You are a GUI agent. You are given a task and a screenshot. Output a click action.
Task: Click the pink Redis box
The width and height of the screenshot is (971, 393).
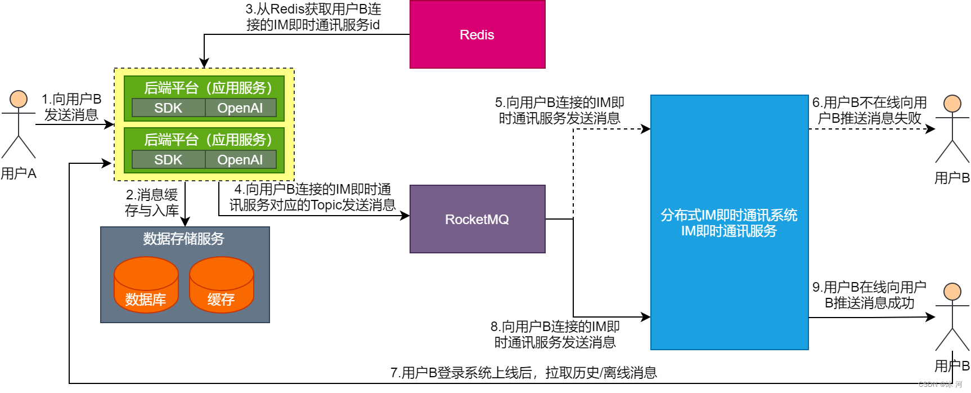[477, 34]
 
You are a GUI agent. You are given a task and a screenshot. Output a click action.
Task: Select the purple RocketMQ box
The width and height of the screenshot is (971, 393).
[477, 219]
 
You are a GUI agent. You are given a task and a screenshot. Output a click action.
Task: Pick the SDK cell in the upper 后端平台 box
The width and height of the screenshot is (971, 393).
[168, 108]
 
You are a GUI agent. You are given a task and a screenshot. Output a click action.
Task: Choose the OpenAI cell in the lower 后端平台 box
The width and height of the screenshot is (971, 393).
[240, 160]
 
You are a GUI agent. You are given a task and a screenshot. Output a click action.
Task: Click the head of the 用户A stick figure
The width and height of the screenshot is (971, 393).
[19, 99]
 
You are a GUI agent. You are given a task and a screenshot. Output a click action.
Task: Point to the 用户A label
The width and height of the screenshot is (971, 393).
[19, 173]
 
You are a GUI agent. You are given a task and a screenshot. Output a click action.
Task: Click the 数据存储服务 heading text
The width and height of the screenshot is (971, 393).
[183, 239]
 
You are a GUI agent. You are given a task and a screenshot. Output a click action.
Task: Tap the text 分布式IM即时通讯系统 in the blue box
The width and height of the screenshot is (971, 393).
[729, 215]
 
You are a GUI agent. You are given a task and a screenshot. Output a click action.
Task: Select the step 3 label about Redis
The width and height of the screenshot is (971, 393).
[313, 17]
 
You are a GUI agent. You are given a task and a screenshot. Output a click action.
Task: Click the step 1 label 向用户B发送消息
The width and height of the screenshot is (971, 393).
[71, 107]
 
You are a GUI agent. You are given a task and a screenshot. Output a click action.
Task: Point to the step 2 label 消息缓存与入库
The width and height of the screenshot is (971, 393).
[152, 203]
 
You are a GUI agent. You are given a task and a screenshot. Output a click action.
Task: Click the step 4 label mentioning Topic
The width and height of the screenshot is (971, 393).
[312, 197]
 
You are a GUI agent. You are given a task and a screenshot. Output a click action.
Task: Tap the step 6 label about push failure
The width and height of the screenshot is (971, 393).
[869, 110]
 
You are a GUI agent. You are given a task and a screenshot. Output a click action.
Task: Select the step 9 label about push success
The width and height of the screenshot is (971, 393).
[869, 295]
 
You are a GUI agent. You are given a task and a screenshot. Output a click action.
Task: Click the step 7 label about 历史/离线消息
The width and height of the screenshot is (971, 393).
[523, 373]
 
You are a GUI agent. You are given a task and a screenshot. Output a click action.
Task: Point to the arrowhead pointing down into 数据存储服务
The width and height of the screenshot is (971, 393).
[185, 222]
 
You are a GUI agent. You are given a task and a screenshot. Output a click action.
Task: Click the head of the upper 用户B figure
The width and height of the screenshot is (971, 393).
[952, 104]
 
